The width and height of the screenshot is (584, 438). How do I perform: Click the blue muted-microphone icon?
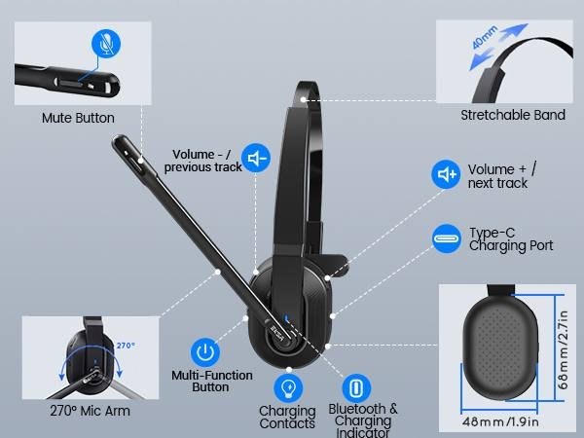(x=106, y=44)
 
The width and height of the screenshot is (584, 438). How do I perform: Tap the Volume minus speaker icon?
(x=256, y=158)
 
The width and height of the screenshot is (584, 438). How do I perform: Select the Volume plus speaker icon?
(x=446, y=174)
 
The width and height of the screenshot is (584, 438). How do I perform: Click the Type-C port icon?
(x=447, y=238)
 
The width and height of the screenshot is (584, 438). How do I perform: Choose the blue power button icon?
(x=205, y=351)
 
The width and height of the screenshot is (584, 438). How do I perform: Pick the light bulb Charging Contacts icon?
(x=288, y=388)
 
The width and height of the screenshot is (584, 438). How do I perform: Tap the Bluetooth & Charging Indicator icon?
(x=356, y=388)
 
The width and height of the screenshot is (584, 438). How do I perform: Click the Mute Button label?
(x=78, y=118)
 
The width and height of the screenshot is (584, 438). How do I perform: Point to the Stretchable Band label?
(x=513, y=115)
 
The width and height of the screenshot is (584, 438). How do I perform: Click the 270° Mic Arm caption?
(x=91, y=411)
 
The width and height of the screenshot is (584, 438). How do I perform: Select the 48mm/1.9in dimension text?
(x=500, y=422)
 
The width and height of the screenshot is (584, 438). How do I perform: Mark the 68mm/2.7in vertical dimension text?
(x=564, y=349)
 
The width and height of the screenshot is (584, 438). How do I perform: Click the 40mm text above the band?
(x=484, y=37)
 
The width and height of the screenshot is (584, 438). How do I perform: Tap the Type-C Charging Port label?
(x=511, y=239)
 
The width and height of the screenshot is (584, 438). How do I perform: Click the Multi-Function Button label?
(x=212, y=381)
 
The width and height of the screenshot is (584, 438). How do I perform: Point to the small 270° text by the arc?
(x=126, y=346)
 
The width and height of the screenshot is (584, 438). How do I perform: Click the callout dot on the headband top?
(x=303, y=99)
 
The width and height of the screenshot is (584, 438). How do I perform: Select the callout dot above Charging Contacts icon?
(x=289, y=370)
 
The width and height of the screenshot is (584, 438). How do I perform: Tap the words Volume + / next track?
(x=502, y=176)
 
